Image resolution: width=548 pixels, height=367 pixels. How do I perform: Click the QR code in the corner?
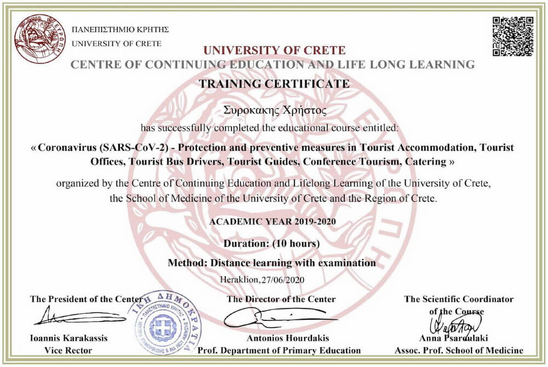click(513, 36)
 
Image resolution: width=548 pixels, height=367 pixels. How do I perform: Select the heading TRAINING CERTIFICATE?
click(274, 84)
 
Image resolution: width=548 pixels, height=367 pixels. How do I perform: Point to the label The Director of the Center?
click(281, 299)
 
